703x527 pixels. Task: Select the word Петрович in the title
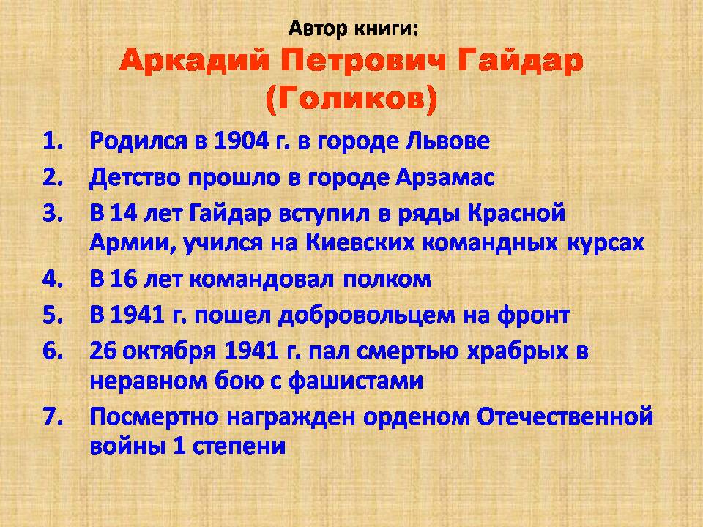click(x=363, y=61)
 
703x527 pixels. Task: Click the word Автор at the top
click(x=319, y=29)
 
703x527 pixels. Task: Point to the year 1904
click(x=241, y=141)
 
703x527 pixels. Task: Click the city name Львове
click(x=447, y=141)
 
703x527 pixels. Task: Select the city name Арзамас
click(x=445, y=178)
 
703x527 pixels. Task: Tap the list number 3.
click(x=53, y=213)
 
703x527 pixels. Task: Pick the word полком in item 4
click(x=387, y=280)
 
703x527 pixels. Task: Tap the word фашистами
click(x=355, y=381)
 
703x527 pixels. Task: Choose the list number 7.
click(x=53, y=416)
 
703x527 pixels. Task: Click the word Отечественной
click(x=565, y=416)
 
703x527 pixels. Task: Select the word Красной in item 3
click(x=516, y=213)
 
